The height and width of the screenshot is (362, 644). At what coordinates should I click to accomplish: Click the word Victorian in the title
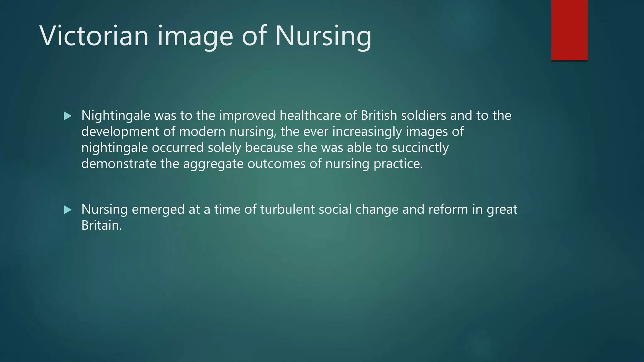coord(94,36)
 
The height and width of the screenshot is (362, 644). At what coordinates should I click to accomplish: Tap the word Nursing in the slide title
coord(323,36)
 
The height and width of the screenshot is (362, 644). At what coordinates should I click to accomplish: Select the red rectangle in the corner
coord(569,30)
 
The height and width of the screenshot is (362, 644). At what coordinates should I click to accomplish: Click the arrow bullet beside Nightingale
coord(68,116)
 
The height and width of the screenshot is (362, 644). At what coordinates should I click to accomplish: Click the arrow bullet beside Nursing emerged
coord(68,210)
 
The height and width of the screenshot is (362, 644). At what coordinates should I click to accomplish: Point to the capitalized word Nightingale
coord(116,116)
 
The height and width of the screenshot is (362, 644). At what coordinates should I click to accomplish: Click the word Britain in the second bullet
coord(101,225)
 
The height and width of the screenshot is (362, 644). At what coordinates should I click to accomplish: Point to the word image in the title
coord(195,36)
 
